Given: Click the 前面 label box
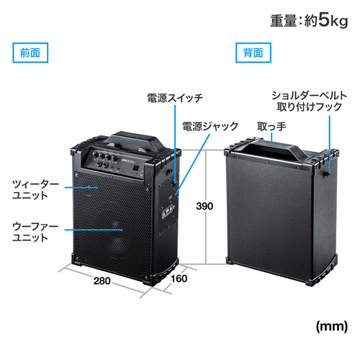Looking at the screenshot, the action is coord(30,53).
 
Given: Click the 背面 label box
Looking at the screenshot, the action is coord(253,53).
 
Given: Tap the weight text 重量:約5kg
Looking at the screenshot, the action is coord(309,21).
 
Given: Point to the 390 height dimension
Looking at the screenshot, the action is coord(204,206).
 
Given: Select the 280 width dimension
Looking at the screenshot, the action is coord(102,281).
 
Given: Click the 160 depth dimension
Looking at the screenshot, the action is coord(179,279).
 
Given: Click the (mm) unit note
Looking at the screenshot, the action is coord(332,326).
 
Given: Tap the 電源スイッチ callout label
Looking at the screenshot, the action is coord(175,98).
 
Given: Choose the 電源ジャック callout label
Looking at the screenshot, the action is coord(210,126).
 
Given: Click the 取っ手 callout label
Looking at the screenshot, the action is coord(271,127).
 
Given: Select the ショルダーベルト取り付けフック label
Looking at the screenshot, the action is coord(310,102).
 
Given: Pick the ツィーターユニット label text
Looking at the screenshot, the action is coord(35,190).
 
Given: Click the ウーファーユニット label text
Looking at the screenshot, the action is coord(35,232).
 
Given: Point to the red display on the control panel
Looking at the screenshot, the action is coord(136,169).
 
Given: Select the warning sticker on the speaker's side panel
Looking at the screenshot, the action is coord(167,212).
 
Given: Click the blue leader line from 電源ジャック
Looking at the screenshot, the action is coord(192,165).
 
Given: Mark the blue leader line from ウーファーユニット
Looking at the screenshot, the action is coord(94,230).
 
